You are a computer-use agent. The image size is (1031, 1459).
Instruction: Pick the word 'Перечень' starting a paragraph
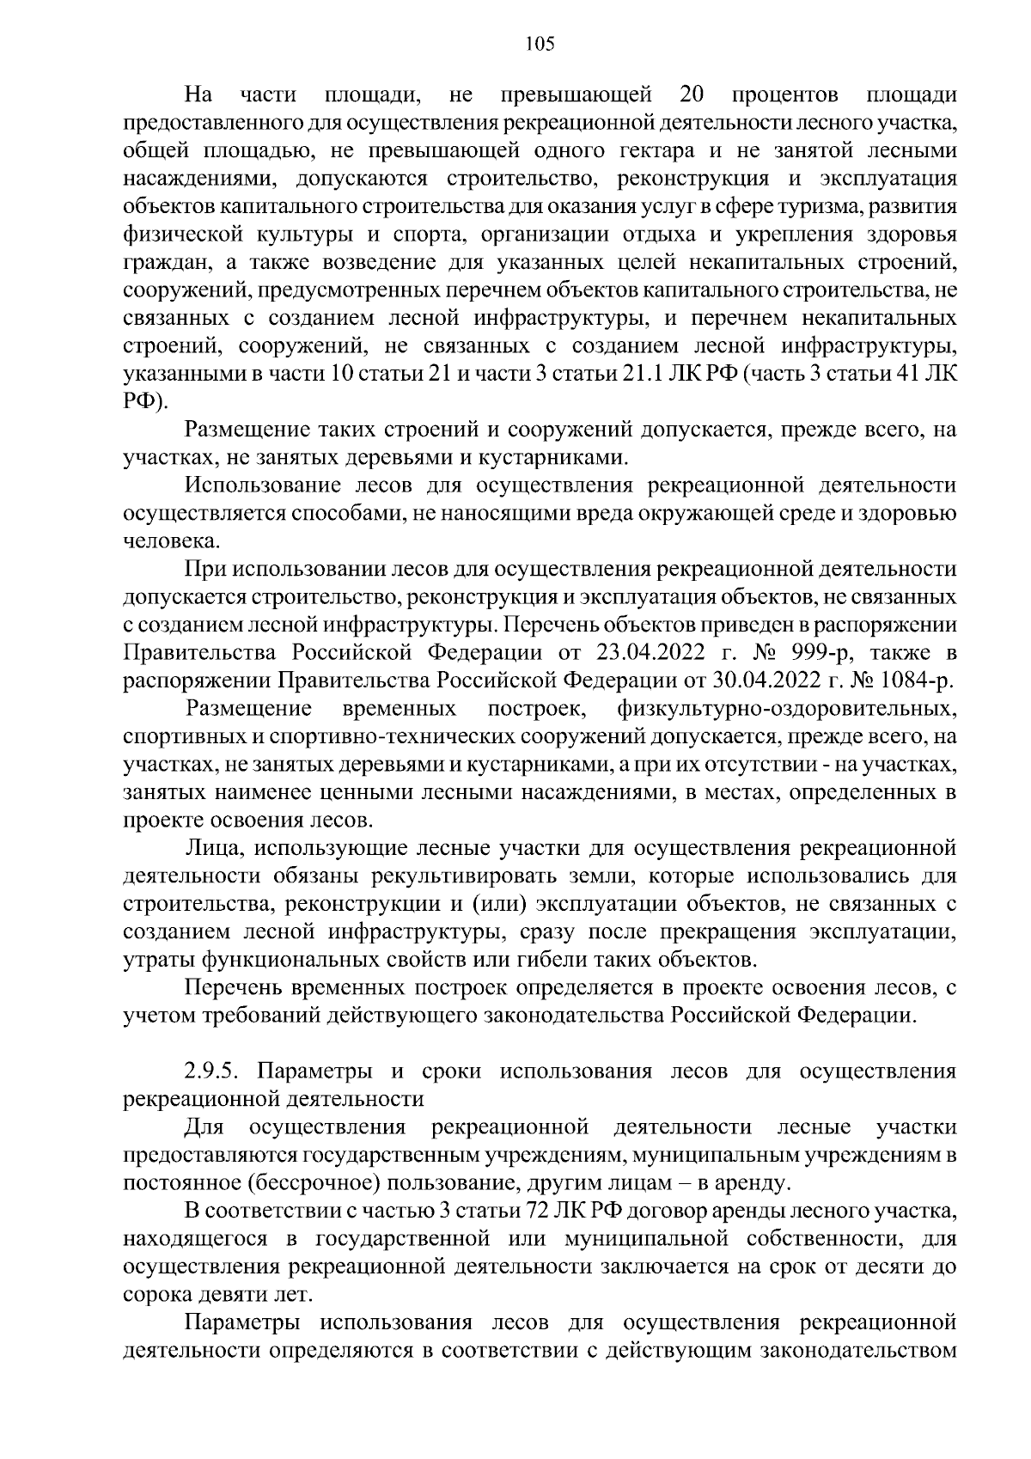[x=229, y=989]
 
